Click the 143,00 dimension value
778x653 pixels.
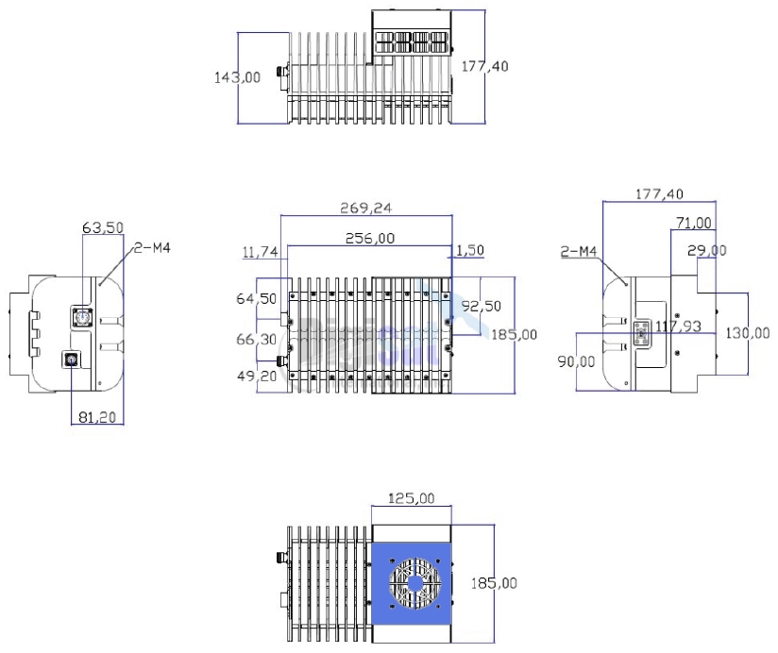coord(238,78)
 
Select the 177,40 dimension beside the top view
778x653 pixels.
coord(483,65)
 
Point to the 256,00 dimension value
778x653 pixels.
coord(369,239)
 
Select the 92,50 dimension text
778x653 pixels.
coord(482,307)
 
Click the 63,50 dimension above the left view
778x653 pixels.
coord(103,227)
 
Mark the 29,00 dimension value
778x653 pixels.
coord(706,251)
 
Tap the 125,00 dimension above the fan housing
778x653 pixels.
coord(411,497)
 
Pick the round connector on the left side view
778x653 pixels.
coord(68,359)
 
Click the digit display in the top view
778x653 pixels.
coord(411,42)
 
